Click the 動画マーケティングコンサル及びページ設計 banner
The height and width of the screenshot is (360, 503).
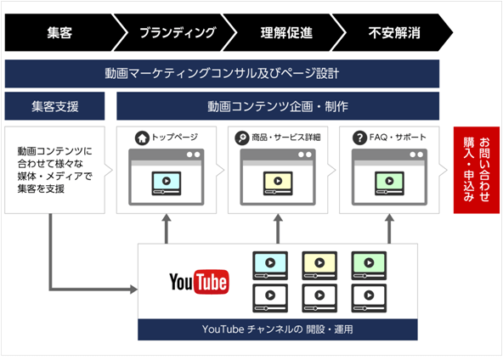[x=222, y=73]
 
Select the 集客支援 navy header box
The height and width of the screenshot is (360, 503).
[x=54, y=106]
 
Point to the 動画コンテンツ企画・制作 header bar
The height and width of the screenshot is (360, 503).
[x=278, y=106]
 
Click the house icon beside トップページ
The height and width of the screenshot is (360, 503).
[x=142, y=138]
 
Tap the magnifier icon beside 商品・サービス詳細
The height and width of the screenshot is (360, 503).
[x=242, y=138]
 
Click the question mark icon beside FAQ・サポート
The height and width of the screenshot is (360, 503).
[x=359, y=138]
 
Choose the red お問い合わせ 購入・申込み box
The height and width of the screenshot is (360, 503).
[x=477, y=170]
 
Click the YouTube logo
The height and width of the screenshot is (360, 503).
[x=199, y=282]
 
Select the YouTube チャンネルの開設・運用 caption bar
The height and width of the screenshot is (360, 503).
[x=278, y=329]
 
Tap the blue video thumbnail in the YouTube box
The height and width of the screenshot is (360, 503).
[x=270, y=266]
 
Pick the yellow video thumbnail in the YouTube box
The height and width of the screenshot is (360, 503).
[x=319, y=266]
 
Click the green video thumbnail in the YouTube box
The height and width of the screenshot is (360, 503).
[x=369, y=266]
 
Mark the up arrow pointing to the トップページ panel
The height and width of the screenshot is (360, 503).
[x=167, y=229]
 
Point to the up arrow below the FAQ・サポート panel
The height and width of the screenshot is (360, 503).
[x=389, y=229]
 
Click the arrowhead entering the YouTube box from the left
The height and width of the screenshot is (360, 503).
[x=133, y=290]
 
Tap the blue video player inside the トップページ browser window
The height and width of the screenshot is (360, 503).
[x=167, y=183]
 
